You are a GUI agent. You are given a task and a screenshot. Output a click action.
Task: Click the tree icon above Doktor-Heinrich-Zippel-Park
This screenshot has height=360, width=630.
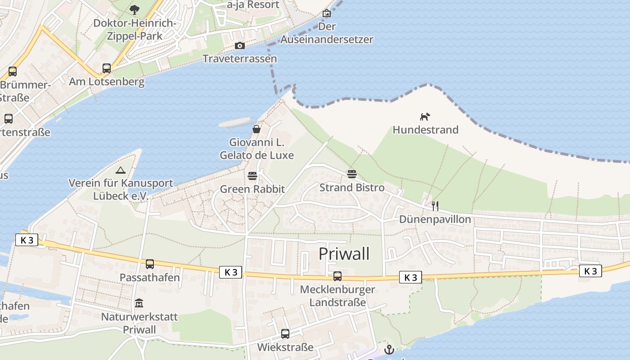(x=134, y=9)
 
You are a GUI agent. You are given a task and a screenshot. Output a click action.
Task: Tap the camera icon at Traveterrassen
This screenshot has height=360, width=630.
(x=239, y=45)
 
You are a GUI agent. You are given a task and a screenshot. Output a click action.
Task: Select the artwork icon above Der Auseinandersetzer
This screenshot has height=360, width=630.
(x=327, y=13)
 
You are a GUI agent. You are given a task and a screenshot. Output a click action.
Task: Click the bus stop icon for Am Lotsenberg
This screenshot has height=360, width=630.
(x=107, y=68)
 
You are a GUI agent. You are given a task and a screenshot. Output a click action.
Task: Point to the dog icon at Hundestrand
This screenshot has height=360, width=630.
(x=425, y=117)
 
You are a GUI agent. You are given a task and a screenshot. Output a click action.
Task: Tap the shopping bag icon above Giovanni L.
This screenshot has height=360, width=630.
(x=256, y=130)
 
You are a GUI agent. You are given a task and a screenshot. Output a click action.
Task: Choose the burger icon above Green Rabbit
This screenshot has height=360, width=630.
(x=252, y=175)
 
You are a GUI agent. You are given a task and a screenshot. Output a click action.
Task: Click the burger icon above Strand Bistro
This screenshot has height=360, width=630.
(x=351, y=174)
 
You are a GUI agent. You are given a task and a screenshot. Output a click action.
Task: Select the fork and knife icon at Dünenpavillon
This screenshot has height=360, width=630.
(x=435, y=206)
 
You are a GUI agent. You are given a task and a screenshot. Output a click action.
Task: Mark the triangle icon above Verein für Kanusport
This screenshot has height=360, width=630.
(x=120, y=170)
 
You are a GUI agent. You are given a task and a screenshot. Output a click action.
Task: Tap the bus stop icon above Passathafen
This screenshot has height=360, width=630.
(x=150, y=264)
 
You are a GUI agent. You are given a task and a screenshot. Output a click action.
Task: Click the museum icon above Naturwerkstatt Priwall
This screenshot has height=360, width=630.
(x=139, y=303)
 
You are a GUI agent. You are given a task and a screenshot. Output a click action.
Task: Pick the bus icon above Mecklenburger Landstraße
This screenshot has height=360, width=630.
(x=337, y=276)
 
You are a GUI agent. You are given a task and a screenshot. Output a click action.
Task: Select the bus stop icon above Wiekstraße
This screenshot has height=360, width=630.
(x=285, y=334)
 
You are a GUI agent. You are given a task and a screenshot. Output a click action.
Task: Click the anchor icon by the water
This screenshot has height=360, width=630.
(x=389, y=350)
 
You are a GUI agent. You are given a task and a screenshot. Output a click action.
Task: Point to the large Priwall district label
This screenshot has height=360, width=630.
(x=344, y=254)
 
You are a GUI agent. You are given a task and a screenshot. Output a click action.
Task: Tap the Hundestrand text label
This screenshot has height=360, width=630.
(x=425, y=130)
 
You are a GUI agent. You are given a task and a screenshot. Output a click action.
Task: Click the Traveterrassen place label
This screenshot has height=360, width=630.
(x=239, y=59)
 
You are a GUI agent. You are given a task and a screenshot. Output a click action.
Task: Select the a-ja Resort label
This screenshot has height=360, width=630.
(x=253, y=5)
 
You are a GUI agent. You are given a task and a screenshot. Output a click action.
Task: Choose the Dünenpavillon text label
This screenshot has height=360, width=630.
(x=435, y=220)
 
